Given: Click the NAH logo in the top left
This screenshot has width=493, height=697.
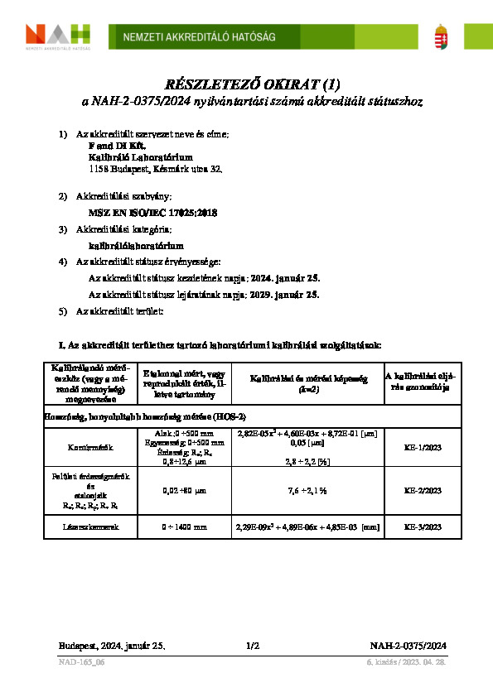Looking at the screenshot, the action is coord(58,36).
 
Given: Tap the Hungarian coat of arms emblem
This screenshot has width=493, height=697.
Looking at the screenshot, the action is coord(444,36).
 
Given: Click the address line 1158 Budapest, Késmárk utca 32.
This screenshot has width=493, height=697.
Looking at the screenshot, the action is coord(155,168).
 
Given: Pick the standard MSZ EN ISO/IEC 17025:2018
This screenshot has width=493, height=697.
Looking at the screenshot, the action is coord(152,213).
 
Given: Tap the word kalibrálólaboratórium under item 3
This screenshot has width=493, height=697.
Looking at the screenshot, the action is coord(136,245).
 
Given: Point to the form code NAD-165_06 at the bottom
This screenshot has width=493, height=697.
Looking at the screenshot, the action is coord(82,663).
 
